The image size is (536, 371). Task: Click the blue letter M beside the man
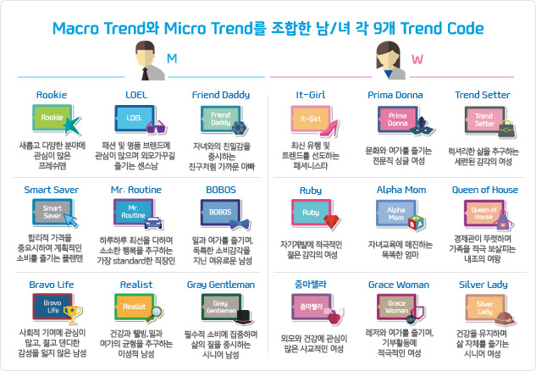click(x=172, y=58)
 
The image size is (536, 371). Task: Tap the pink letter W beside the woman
click(x=417, y=59)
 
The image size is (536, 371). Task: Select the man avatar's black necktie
click(x=146, y=74)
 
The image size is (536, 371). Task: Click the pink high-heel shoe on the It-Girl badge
click(x=329, y=128)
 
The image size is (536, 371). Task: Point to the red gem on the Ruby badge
click(x=331, y=221)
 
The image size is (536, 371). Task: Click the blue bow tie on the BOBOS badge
click(x=240, y=224)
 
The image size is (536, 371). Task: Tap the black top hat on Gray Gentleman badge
click(x=244, y=317)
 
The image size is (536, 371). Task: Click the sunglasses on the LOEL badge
click(x=157, y=127)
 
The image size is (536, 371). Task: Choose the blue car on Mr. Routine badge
click(x=153, y=222)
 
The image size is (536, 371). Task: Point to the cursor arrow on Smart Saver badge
click(x=71, y=220)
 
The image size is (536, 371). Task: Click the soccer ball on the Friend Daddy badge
click(x=239, y=128)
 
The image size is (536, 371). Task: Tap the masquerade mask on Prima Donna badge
click(x=421, y=125)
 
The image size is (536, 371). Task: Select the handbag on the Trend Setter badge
click(x=506, y=129)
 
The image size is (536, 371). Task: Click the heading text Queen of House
click(x=484, y=190)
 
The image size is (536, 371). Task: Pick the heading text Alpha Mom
click(x=401, y=190)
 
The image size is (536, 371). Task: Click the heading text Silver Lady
click(x=483, y=285)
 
